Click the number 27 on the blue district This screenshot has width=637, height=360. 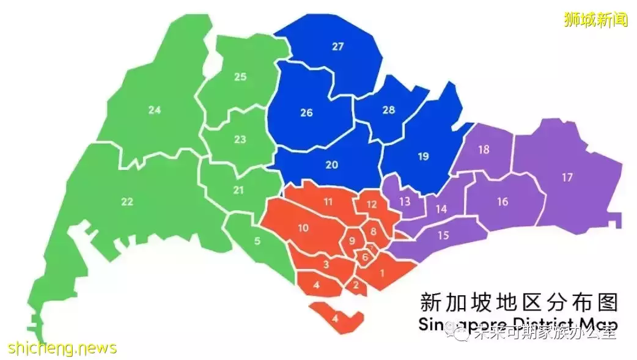(x=338, y=46)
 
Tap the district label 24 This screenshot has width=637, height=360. (x=154, y=111)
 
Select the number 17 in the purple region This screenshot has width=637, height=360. (x=567, y=177)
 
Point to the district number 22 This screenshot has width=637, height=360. (x=127, y=202)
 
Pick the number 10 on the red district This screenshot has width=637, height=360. (x=303, y=228)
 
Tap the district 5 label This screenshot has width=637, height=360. (x=257, y=241)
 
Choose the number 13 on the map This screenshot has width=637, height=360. (x=404, y=201)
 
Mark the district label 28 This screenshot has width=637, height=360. (x=389, y=110)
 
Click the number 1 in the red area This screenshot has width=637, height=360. (x=382, y=273)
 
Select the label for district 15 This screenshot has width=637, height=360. (x=444, y=235)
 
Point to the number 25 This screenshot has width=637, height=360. (x=240, y=77)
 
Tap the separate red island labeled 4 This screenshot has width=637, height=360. (x=335, y=318)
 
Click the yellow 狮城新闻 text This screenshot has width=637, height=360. (x=595, y=20)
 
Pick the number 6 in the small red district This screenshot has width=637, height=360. (x=365, y=257)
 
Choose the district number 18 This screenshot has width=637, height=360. (x=484, y=150)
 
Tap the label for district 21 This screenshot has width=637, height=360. (x=238, y=190)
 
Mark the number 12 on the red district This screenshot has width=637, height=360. (x=372, y=204)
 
